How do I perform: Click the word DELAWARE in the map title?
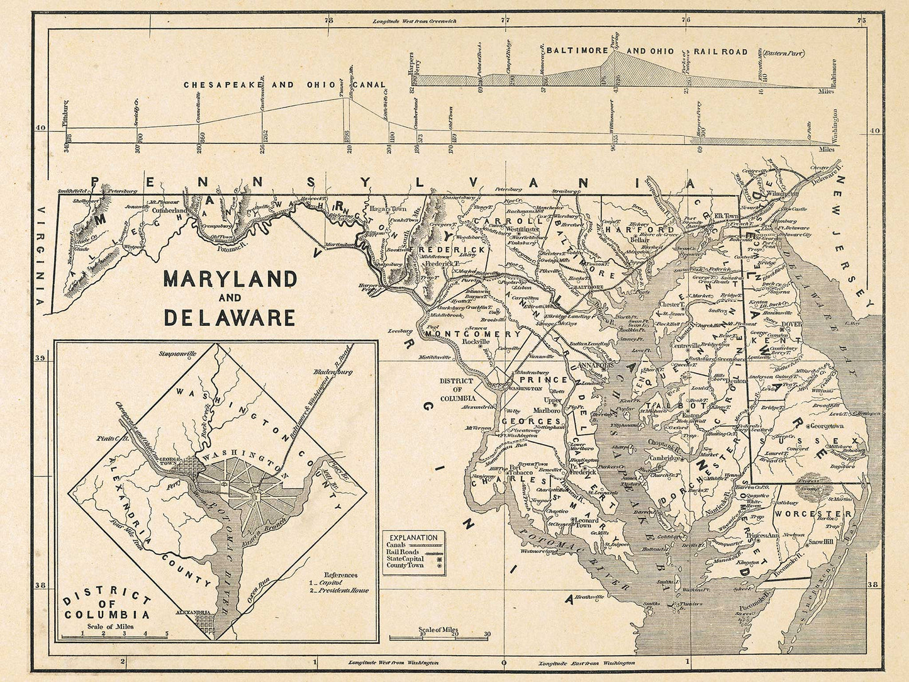pos(230,317)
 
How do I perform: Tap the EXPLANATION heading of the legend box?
pos(413,537)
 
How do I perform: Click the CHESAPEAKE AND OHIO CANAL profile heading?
pos(285,84)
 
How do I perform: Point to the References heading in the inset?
pos(340,574)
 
